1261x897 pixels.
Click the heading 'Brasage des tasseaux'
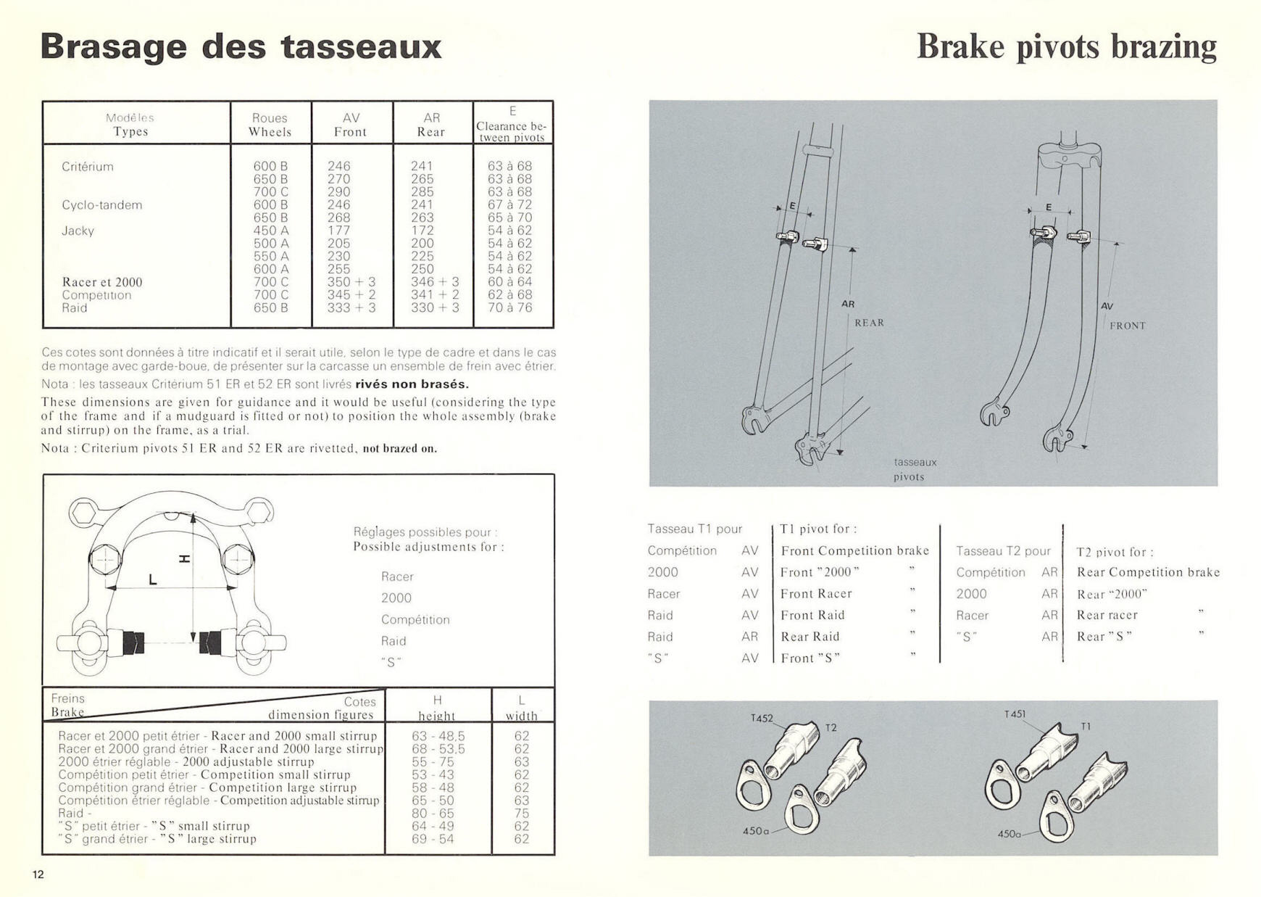click(x=241, y=46)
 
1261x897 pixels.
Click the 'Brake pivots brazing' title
click(x=1066, y=46)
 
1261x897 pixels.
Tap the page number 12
click(x=38, y=875)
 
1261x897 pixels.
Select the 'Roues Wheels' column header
click(x=270, y=125)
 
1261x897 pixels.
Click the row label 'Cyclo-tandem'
click(x=102, y=205)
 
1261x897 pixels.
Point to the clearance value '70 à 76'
click(x=510, y=307)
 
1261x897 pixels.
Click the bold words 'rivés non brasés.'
click(x=412, y=384)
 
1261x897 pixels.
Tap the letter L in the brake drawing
click(x=152, y=579)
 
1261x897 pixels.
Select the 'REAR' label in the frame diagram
click(x=869, y=323)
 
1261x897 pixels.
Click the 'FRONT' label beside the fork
click(x=1128, y=326)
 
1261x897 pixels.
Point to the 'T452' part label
click(x=762, y=719)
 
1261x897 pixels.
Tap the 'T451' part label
click(x=1015, y=714)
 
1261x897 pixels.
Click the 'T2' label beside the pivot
click(x=831, y=727)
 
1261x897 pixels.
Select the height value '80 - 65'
click(x=433, y=813)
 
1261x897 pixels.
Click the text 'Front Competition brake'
click(x=854, y=550)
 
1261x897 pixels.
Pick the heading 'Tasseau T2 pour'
click(x=1003, y=551)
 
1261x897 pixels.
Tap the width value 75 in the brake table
click(x=521, y=813)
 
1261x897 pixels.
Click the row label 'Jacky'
click(x=78, y=231)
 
